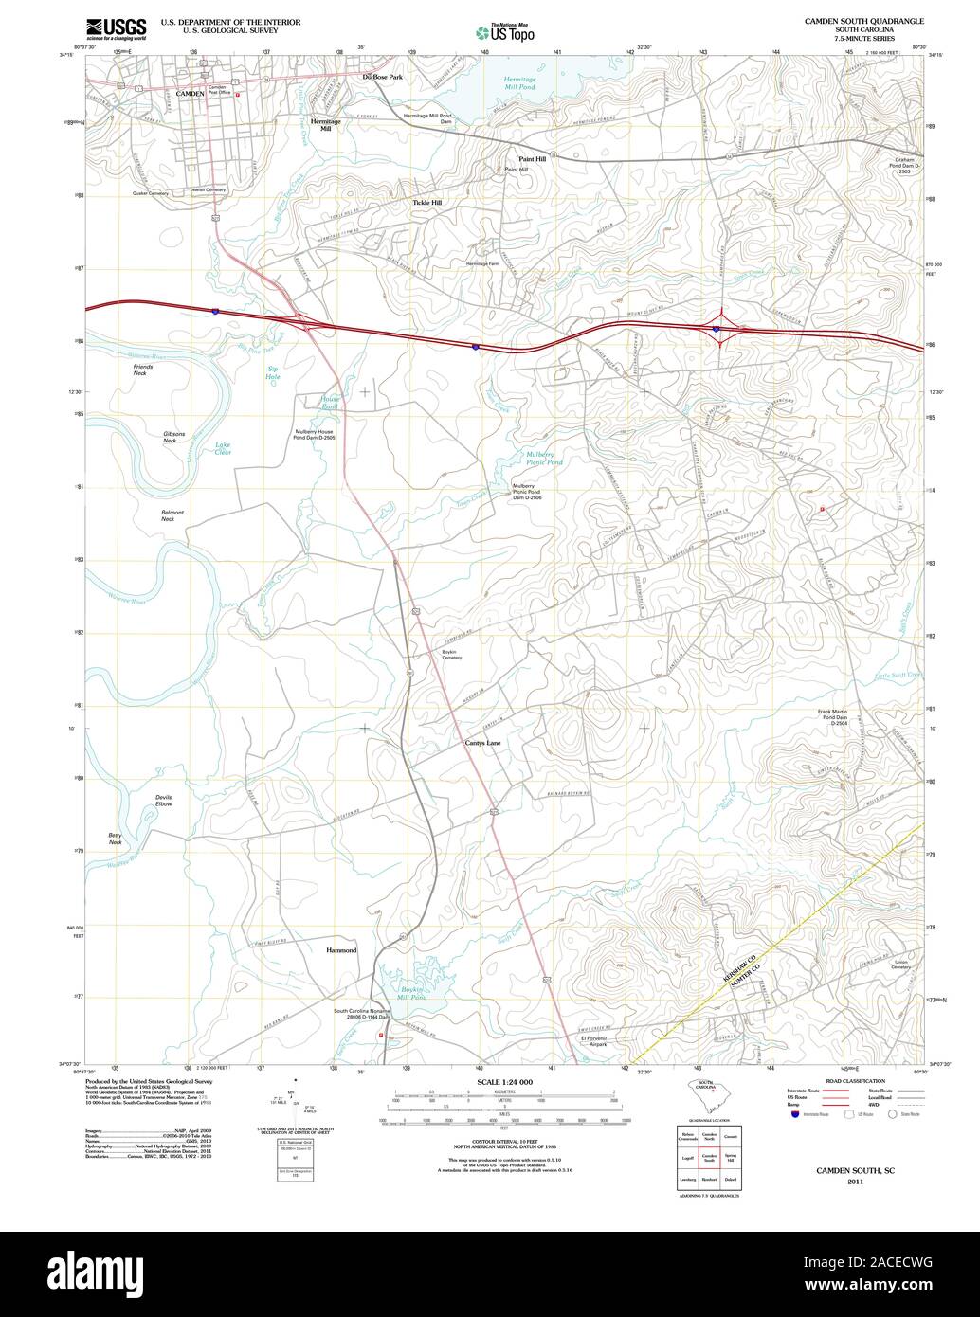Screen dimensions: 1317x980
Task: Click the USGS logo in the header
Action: click(116, 29)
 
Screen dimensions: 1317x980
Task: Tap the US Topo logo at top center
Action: click(505, 32)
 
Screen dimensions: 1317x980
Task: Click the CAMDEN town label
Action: click(191, 94)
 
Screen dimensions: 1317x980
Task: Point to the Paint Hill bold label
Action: click(532, 159)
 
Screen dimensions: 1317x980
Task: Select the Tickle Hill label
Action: click(426, 203)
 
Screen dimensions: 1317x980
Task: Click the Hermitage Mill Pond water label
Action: click(519, 82)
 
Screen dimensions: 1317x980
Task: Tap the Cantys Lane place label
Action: click(482, 743)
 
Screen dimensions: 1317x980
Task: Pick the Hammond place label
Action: click(341, 949)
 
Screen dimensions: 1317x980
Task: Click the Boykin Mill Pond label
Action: click(412, 993)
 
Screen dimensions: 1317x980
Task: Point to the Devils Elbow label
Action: click(164, 801)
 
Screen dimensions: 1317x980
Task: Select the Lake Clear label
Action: click(223, 448)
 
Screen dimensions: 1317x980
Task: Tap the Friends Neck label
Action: click(142, 370)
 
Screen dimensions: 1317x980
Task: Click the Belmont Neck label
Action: click(172, 515)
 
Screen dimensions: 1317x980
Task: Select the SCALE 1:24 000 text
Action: click(505, 1082)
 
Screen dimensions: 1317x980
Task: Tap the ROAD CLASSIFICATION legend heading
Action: click(855, 1081)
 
